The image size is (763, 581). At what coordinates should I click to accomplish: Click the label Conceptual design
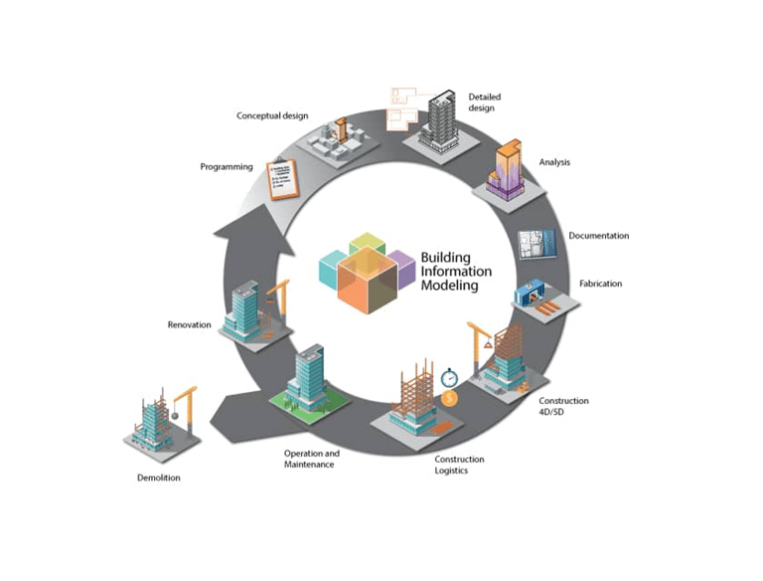point(271,116)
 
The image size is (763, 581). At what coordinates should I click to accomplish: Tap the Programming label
point(227,167)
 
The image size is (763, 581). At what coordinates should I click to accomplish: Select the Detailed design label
point(485,102)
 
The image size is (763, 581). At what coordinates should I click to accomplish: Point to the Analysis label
point(554,162)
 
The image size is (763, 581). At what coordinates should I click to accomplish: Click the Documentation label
point(598,236)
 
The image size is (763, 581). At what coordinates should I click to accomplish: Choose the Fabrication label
point(600,284)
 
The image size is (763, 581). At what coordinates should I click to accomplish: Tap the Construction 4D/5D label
point(563,407)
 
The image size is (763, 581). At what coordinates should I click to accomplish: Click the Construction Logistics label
point(459,465)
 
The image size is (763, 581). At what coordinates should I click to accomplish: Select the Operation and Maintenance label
point(311,459)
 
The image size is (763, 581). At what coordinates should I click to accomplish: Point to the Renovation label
point(189,324)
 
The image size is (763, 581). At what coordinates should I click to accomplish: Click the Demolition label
point(159,479)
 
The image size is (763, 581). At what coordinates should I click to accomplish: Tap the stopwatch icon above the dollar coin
point(448,377)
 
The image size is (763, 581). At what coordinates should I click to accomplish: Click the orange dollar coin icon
point(450,398)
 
